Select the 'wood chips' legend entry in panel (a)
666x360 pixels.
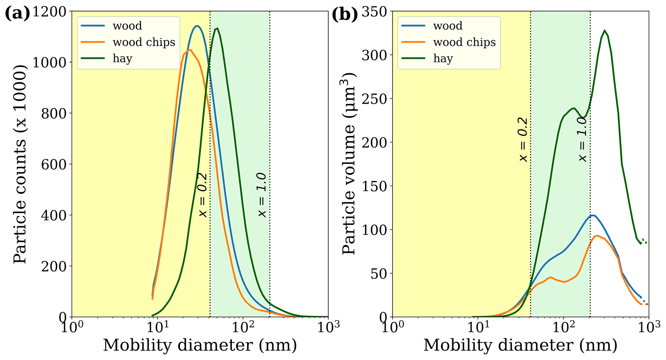[x=144, y=42]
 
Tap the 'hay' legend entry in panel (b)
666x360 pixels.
[x=443, y=59]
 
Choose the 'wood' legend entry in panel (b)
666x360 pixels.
[x=448, y=26]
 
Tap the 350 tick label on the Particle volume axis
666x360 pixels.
[x=375, y=12]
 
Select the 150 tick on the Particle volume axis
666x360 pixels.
[x=375, y=186]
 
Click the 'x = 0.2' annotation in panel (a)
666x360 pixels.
[x=202, y=195]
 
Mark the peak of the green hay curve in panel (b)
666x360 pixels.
[x=604, y=31]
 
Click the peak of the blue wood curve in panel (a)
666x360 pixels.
[x=197, y=26]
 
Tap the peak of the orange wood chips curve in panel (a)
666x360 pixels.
[x=190, y=50]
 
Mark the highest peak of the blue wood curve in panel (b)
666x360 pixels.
[x=593, y=215]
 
